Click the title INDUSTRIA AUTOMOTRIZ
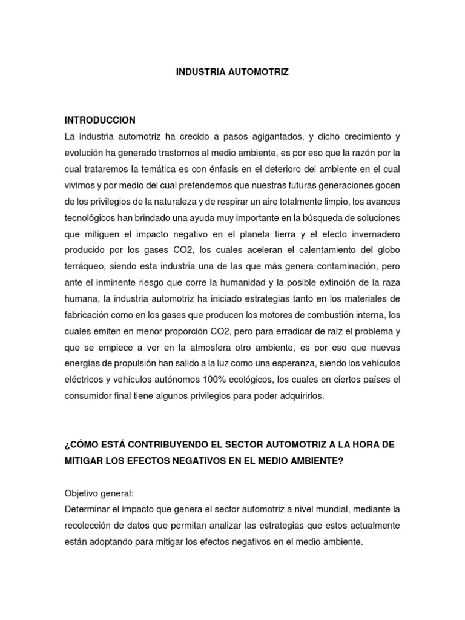(x=232, y=71)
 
